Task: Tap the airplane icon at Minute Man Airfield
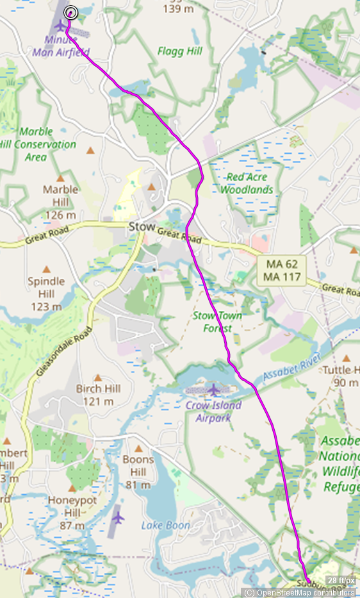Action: point(61,26)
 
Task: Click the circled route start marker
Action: point(71,12)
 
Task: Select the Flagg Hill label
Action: point(180,52)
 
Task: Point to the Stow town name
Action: point(142,227)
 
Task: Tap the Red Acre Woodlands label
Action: point(247,183)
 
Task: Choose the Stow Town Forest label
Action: point(213,322)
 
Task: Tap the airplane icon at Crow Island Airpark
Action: point(213,389)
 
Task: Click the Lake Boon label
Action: point(165,526)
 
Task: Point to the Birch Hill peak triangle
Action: point(98,378)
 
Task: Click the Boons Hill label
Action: point(138,466)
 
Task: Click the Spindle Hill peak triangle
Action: point(46,270)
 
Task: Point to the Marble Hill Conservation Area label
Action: point(38,144)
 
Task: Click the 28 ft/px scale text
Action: point(341,581)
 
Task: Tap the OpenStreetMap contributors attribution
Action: point(300,592)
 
